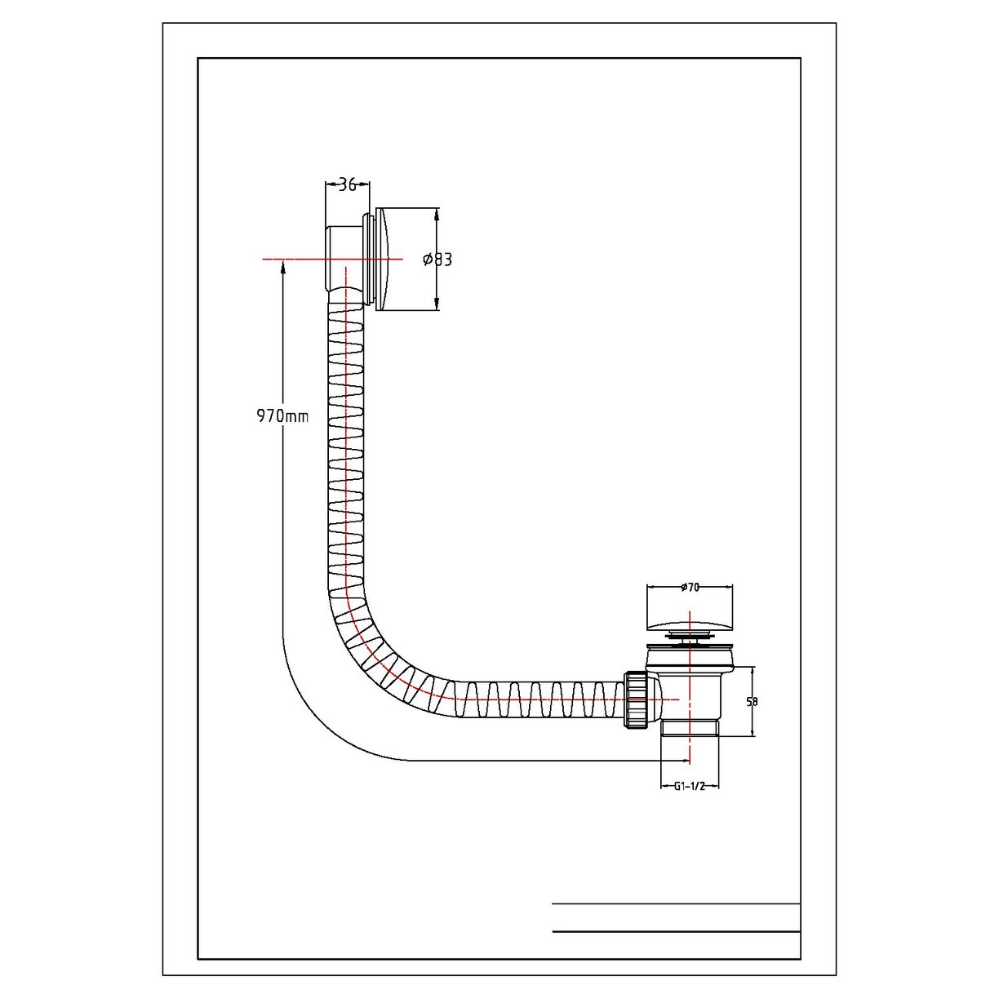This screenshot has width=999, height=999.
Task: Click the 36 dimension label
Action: pos(348,184)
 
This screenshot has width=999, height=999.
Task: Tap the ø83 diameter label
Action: pos(437,260)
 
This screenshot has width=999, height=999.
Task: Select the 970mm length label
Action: pos(282,415)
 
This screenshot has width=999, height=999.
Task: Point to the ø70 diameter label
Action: pos(690,588)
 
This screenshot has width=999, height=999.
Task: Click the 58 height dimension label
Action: pos(752,701)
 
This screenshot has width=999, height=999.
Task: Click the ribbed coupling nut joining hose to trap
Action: pos(637,700)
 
